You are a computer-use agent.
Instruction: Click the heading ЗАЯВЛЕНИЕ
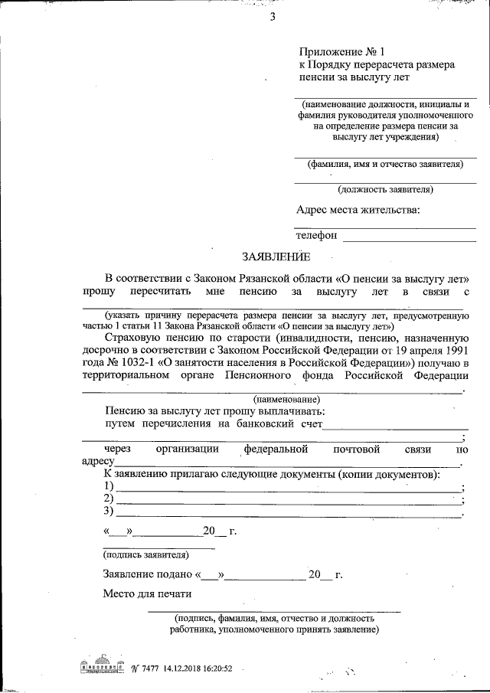(x=276, y=257)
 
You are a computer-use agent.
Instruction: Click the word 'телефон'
(x=316, y=236)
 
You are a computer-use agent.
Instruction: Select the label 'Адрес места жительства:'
(x=358, y=210)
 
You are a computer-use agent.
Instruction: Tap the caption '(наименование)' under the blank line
(x=286, y=399)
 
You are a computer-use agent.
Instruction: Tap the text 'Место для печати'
(x=147, y=594)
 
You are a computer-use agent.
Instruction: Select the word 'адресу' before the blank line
(x=97, y=462)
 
